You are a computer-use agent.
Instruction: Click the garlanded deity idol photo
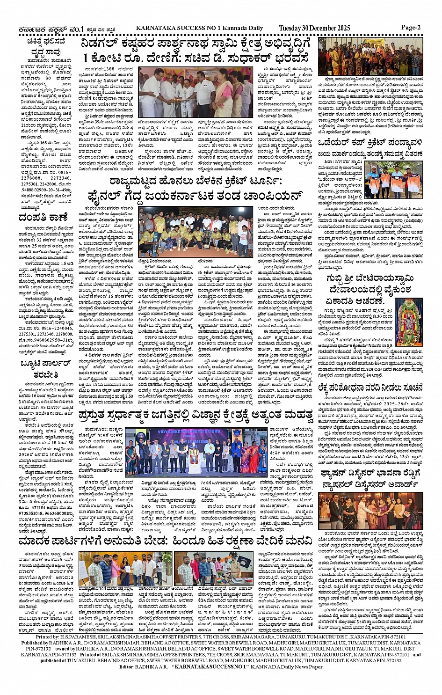coord(408,316)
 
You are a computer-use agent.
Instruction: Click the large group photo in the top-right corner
coord(377,57)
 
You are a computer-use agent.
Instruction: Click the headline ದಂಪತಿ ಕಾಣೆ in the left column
coord(43,217)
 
